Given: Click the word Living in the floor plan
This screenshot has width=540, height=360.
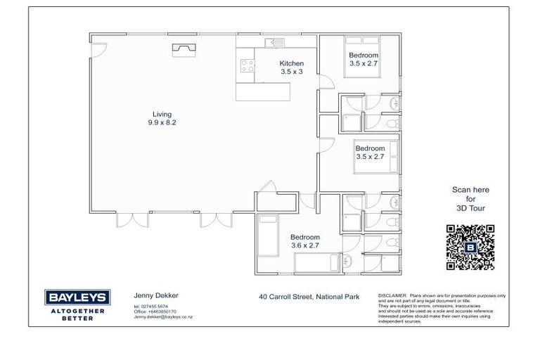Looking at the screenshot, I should (x=162, y=114).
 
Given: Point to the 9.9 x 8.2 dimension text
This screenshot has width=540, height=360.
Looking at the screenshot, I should (x=162, y=122).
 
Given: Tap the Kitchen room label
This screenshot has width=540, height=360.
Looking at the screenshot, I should (x=291, y=63).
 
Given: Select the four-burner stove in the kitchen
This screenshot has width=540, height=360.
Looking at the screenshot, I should (x=247, y=66).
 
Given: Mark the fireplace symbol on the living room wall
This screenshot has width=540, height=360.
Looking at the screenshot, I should (x=184, y=48).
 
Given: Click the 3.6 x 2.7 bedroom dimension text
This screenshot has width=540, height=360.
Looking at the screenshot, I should (x=305, y=246).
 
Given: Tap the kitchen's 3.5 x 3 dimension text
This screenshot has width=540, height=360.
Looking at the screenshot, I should (x=291, y=72).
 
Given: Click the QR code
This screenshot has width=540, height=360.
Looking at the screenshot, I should (x=470, y=247).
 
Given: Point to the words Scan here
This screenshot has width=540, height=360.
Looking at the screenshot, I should (x=470, y=190).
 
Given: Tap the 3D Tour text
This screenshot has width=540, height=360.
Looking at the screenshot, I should (x=470, y=209).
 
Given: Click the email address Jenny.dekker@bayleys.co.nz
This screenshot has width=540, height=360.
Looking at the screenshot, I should (x=163, y=317).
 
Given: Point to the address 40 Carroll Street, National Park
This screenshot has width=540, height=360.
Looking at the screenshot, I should (x=309, y=297).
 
